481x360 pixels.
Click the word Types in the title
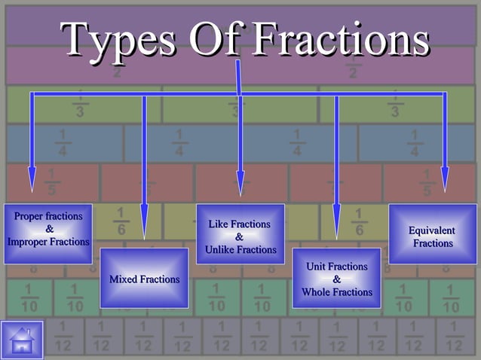pyautogui.click(x=120, y=38)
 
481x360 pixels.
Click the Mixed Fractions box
pyautogui.click(x=144, y=278)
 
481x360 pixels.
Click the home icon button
pyautogui.click(x=22, y=340)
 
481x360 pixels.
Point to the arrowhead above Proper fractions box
pyautogui.click(x=32, y=181)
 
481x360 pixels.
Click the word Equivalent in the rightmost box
pyautogui.click(x=432, y=230)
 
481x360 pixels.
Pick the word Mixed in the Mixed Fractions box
pyautogui.click(x=123, y=279)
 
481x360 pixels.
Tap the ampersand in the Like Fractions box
pyautogui.click(x=240, y=237)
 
